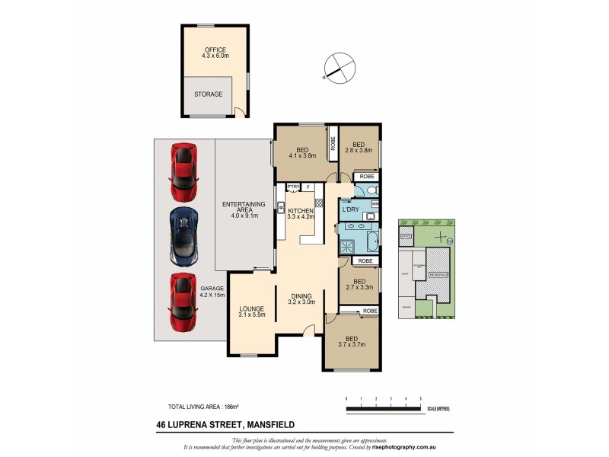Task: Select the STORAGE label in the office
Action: point(207,94)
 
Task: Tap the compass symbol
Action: point(338,67)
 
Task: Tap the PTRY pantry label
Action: point(292,187)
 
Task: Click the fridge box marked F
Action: point(308,187)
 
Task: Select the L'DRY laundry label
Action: point(351,209)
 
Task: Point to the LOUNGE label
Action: point(250,308)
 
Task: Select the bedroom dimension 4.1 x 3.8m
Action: point(301,155)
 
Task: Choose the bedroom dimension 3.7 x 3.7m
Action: point(351,344)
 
